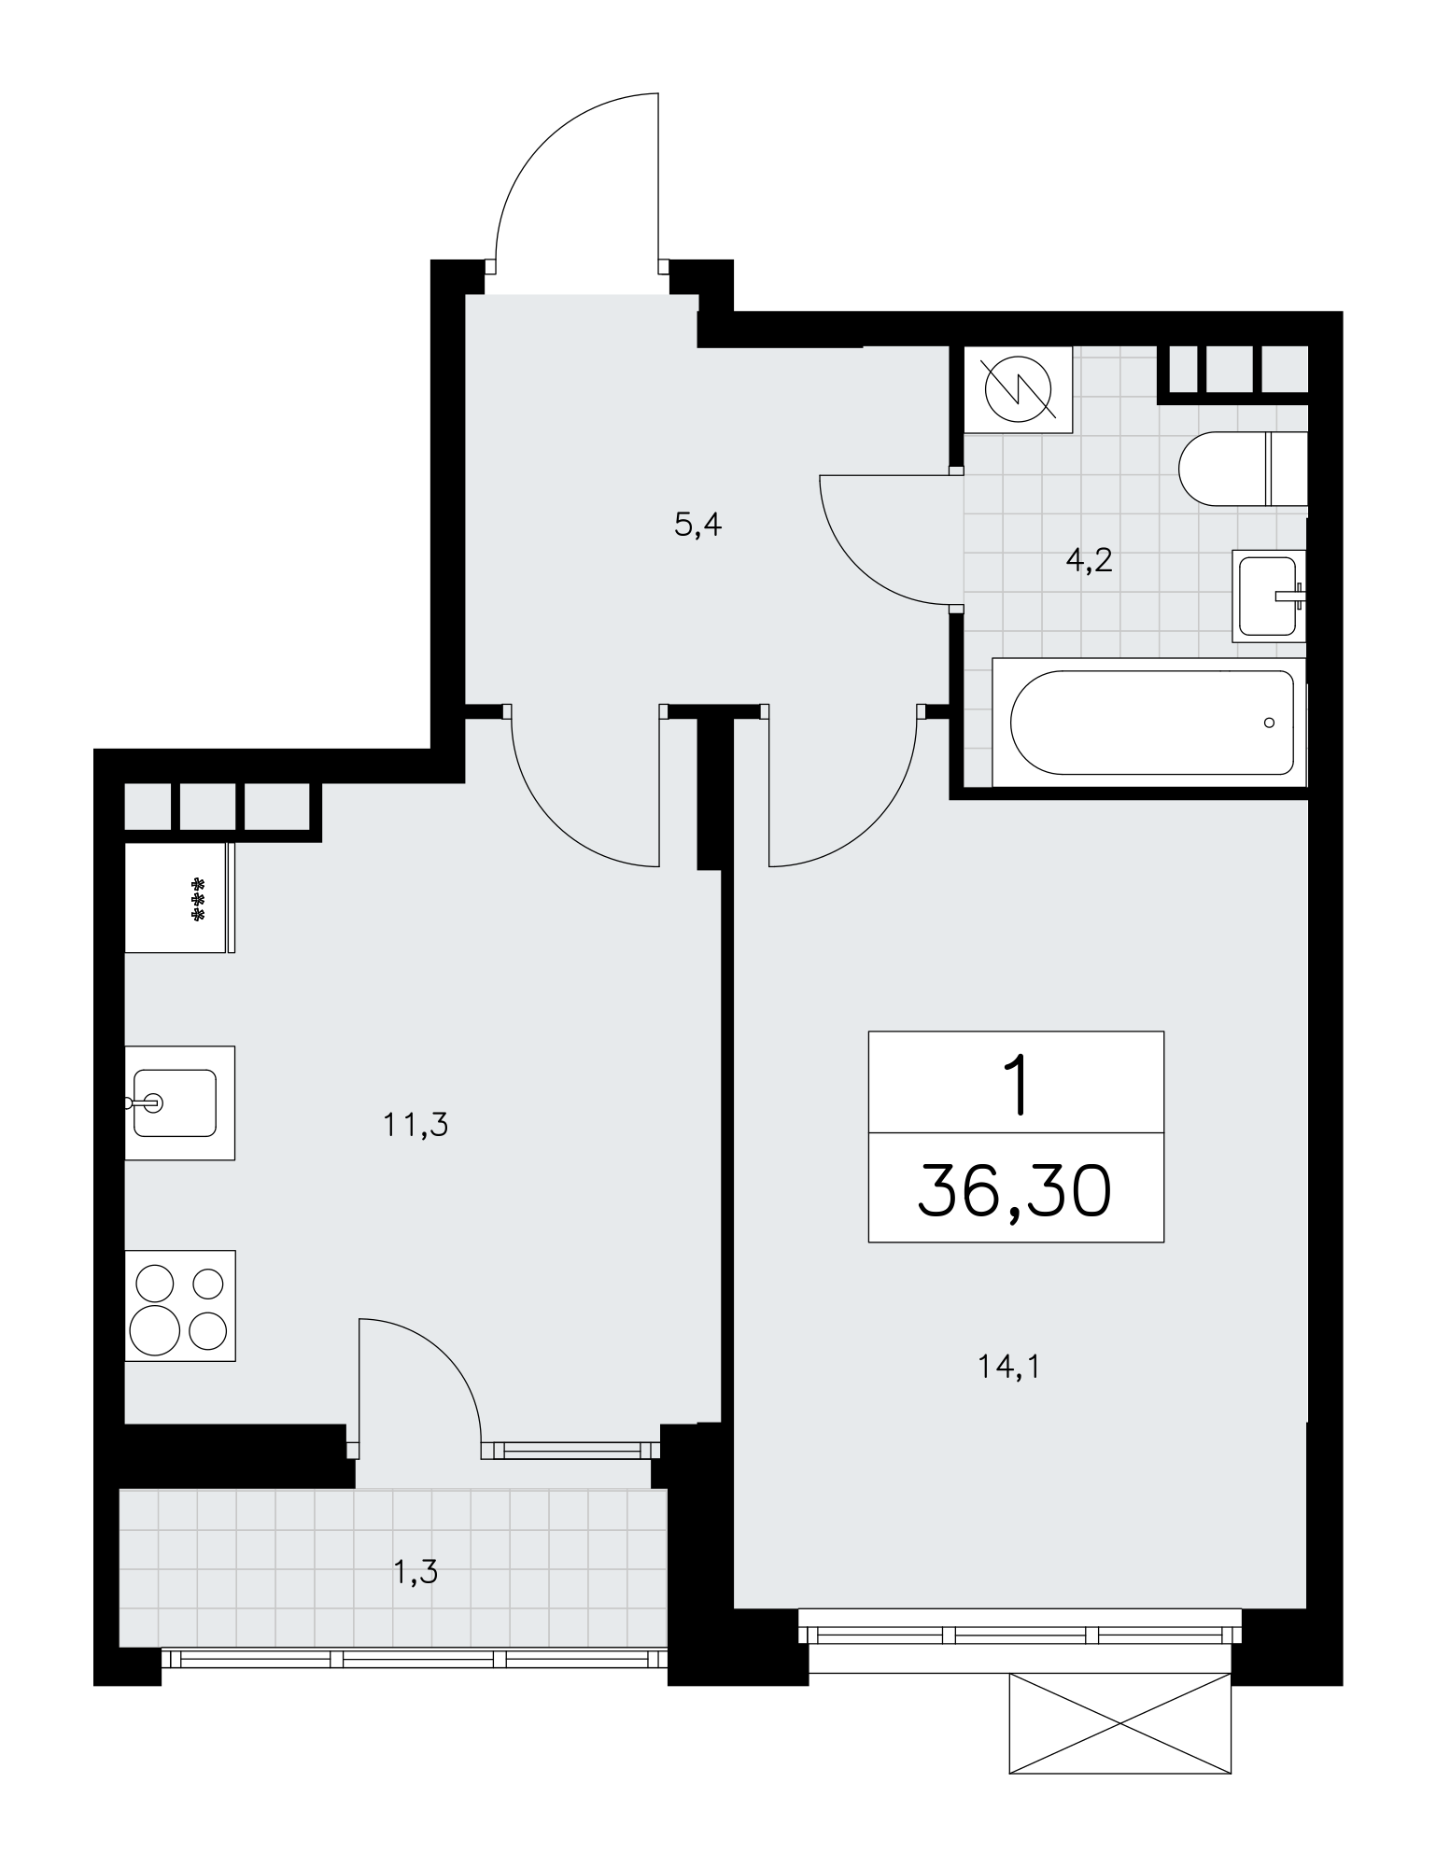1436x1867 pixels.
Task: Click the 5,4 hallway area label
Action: (x=698, y=526)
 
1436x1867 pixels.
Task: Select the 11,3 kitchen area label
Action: (x=415, y=1125)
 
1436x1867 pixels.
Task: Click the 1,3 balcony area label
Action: (x=415, y=1573)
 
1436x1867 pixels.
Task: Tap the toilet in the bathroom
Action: (x=1243, y=469)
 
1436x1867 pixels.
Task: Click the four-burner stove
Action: (x=179, y=1305)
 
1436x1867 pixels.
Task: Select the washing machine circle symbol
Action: (x=1019, y=389)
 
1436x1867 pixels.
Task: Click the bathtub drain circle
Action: (x=1269, y=723)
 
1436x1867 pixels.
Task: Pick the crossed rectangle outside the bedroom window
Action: (x=1120, y=1723)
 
